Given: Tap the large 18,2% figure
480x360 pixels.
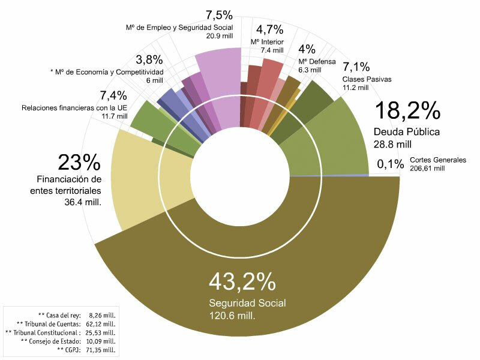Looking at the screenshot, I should click(x=408, y=112).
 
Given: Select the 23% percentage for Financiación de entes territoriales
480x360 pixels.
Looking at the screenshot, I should click(x=79, y=163).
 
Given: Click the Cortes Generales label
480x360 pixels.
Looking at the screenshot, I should click(x=437, y=160).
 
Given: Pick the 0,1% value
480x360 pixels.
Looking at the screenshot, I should click(x=390, y=164).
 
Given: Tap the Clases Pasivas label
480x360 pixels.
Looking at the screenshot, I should click(x=364, y=79).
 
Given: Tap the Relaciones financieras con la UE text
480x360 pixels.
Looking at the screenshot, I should click(x=74, y=108).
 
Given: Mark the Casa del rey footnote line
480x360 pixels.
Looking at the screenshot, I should click(x=77, y=314).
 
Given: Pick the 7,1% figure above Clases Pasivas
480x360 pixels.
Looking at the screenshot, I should click(x=355, y=67).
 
